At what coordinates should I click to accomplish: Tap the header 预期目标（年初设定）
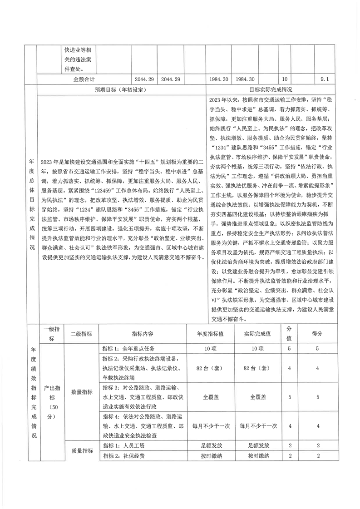pos(120,89)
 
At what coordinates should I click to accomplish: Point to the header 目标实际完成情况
pos(271,89)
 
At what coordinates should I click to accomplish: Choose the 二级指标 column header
pos(81,334)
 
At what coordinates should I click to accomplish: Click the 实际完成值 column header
pos(259,334)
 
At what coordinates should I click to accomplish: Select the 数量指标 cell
pos(81,392)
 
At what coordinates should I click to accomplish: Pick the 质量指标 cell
pos(81,451)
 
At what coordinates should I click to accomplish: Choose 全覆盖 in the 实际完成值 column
pos(259,396)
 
